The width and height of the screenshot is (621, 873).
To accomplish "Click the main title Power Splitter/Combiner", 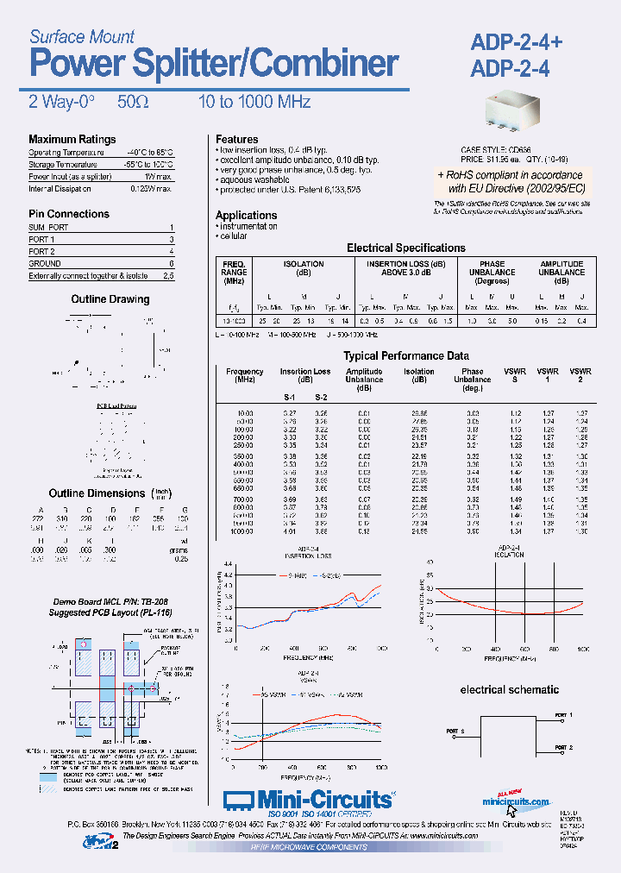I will tap(214, 65).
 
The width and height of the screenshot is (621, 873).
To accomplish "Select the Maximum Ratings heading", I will tap(72, 140).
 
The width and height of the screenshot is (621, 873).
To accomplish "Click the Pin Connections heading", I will tap(69, 214).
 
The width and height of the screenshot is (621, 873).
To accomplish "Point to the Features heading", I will tap(236, 140).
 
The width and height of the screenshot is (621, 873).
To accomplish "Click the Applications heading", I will tap(246, 216).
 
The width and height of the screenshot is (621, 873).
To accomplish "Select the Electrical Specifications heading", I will tap(405, 248).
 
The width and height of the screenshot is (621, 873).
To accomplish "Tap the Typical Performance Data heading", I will tap(394, 355).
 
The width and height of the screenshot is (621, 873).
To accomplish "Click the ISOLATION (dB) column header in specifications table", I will tap(304, 268).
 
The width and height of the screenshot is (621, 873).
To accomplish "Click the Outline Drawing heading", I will tap(110, 299).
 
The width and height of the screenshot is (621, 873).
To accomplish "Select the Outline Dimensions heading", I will tap(97, 493).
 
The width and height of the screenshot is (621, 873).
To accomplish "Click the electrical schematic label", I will tap(509, 690).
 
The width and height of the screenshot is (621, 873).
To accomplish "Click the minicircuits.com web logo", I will tap(516, 803).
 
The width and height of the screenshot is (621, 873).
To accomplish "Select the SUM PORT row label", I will tap(48, 227).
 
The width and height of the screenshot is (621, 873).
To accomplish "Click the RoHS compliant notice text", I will tap(516, 180).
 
